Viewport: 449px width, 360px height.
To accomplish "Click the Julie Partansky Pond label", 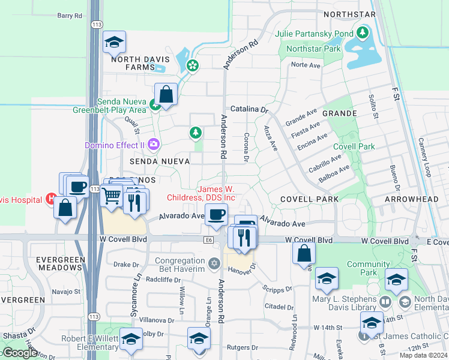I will (x=314, y=34).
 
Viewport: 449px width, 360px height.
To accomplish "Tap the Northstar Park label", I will (x=313, y=49).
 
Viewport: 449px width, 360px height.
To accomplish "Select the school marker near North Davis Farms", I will (x=114, y=43).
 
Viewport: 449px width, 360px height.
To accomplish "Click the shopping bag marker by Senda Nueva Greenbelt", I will (x=166, y=94).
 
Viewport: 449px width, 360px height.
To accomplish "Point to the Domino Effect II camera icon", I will (x=154, y=144).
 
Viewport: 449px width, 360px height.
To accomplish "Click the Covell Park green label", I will (x=354, y=146).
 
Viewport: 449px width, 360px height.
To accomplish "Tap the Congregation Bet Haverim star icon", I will (x=214, y=263).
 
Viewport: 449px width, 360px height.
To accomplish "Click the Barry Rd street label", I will (x=70, y=16).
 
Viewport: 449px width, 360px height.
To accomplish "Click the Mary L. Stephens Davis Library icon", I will (x=385, y=302).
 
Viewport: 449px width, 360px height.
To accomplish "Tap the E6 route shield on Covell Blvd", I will (x=208, y=240).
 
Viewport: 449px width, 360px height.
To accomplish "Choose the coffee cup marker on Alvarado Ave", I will (x=216, y=214).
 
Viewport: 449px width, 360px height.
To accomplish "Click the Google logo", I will (x=19, y=353).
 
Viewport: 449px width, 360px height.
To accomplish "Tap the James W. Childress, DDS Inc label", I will (x=209, y=193).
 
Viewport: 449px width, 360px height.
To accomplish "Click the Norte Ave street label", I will (x=306, y=65).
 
